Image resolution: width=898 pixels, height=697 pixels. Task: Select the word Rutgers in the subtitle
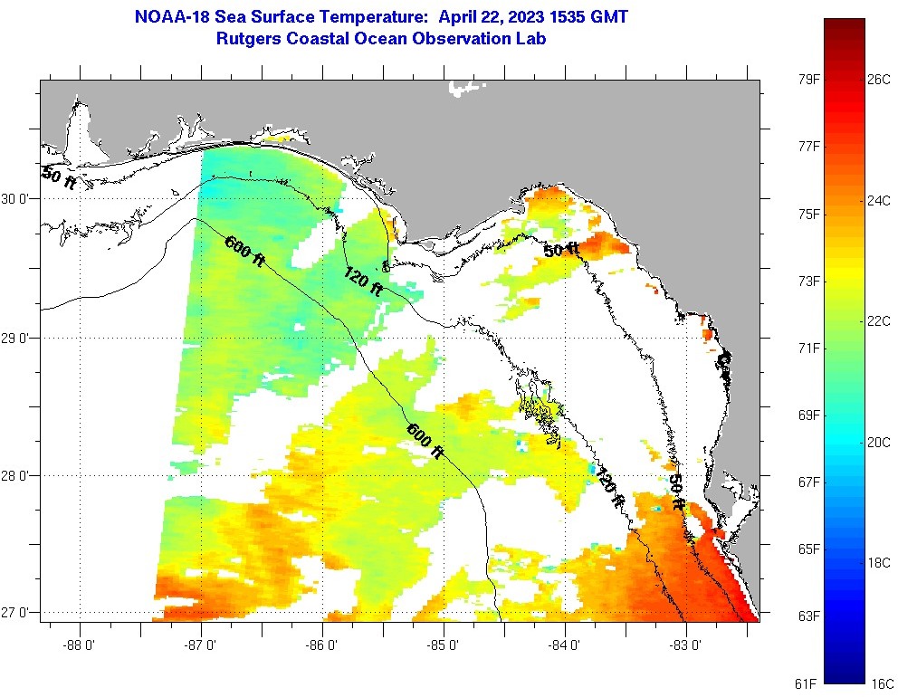249,39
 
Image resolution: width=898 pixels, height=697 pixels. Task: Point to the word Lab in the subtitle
531,39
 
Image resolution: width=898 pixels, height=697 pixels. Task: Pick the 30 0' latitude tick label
16,199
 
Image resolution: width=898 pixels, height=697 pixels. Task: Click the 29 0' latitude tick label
16,339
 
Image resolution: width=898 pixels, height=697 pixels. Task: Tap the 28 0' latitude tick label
16,475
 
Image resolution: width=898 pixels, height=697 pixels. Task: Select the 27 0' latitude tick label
16,613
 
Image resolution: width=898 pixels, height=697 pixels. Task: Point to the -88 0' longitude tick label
80,646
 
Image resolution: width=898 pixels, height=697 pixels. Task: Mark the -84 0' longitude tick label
565,646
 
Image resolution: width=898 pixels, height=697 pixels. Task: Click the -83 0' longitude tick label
686,646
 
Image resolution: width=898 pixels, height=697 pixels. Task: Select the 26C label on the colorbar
879,80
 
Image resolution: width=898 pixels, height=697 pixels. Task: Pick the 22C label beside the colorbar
879,321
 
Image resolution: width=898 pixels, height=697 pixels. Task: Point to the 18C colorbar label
879,562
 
